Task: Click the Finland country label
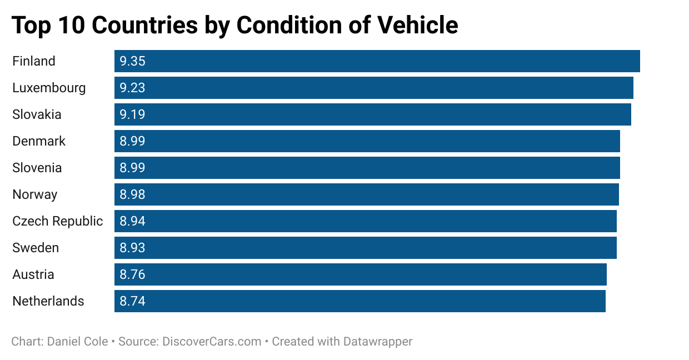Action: pyautogui.click(x=34, y=61)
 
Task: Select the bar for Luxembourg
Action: pyautogui.click(x=373, y=88)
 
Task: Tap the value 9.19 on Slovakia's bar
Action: pyautogui.click(x=132, y=114)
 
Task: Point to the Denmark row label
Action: pyautogui.click(x=39, y=141)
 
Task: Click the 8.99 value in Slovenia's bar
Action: pyautogui.click(x=132, y=168)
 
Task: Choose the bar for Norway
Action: pyautogui.click(x=367, y=194)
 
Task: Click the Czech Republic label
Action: pyautogui.click(x=58, y=221)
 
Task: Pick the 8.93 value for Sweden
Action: pyautogui.click(x=132, y=248)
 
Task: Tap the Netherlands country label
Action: pyautogui.click(x=48, y=301)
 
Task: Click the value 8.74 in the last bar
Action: pyautogui.click(x=132, y=301)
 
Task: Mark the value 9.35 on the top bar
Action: pyautogui.click(x=132, y=61)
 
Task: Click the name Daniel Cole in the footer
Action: pyautogui.click(x=77, y=341)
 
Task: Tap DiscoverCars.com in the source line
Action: pyautogui.click(x=212, y=341)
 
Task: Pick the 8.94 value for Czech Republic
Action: pyautogui.click(x=132, y=221)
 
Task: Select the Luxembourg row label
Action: pyautogui.click(x=49, y=88)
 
